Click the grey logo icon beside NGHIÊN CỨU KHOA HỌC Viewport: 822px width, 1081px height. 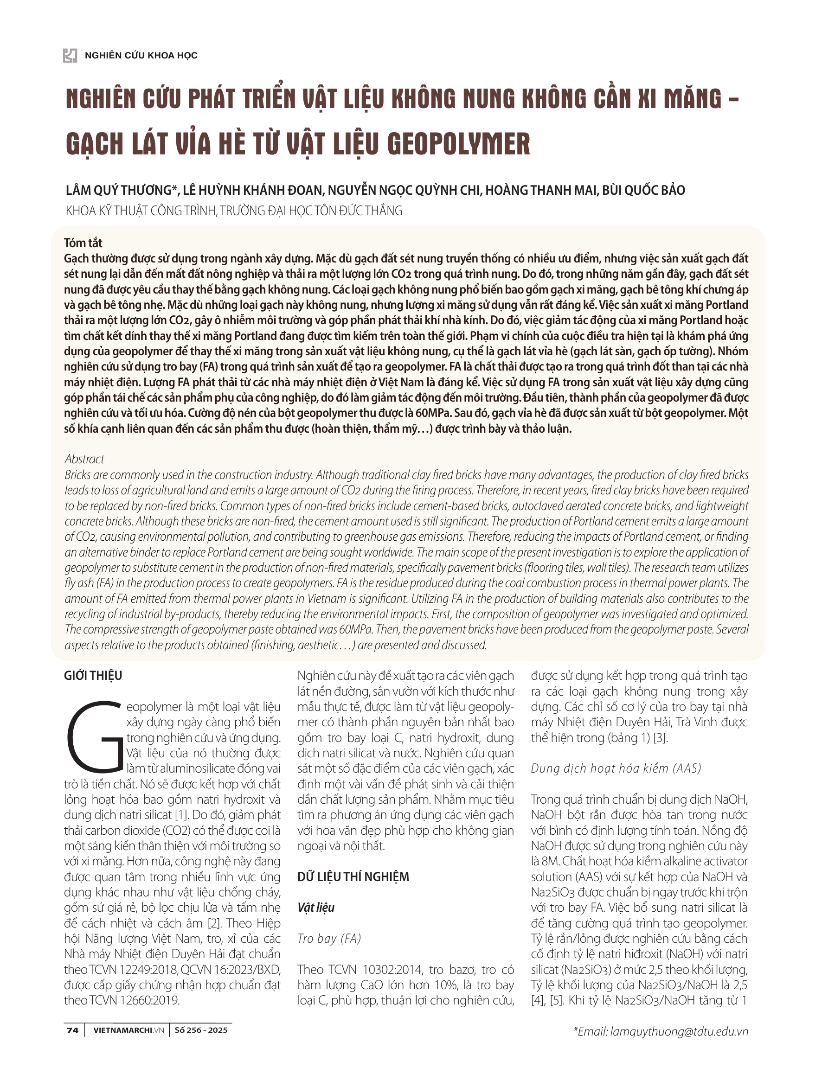point(70,55)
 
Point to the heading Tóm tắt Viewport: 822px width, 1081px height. point(83,243)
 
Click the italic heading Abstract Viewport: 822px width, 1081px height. point(84,459)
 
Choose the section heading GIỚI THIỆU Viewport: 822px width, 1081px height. point(93,676)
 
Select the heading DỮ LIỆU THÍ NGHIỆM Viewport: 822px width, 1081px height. point(353,876)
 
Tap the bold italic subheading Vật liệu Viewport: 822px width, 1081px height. point(316,908)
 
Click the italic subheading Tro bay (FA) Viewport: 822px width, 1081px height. point(329,938)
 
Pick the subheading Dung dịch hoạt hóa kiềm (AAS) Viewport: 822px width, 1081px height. point(616,768)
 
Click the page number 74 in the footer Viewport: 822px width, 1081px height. point(72,1030)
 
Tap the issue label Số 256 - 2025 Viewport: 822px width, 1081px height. point(201,1030)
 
